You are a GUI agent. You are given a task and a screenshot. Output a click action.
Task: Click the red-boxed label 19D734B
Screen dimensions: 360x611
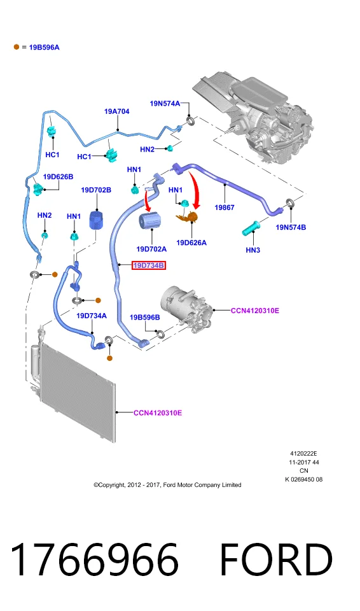(148, 266)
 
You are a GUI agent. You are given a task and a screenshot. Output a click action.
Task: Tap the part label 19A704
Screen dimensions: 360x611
(116, 111)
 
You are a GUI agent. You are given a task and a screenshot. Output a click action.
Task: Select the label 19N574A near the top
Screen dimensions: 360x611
(165, 104)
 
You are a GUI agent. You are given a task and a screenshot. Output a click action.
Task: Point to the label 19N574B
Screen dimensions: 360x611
(291, 227)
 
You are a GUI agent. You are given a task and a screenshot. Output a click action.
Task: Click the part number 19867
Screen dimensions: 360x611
(225, 207)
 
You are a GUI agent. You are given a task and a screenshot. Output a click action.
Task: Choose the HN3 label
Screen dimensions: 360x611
(253, 250)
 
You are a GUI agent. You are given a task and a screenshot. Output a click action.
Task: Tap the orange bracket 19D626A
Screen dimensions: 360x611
(188, 217)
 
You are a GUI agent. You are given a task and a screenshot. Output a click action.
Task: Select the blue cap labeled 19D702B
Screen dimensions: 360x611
(96, 221)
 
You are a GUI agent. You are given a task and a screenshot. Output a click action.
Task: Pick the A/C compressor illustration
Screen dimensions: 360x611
(188, 310)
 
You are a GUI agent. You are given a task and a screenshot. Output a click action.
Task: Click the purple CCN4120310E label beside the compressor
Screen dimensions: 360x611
(255, 311)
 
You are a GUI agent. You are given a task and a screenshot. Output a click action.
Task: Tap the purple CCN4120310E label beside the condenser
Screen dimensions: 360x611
(158, 413)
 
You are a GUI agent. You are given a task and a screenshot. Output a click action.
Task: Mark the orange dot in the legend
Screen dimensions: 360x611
(17, 46)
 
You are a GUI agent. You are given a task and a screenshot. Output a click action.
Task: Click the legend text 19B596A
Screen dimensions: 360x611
(45, 48)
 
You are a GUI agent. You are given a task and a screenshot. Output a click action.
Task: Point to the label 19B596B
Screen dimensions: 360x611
(144, 318)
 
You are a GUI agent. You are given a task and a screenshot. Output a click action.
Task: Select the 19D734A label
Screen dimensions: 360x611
(91, 316)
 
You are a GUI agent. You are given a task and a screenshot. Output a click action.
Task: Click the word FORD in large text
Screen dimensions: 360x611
(276, 560)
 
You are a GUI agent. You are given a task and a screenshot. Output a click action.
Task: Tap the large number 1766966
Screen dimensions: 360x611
(95, 560)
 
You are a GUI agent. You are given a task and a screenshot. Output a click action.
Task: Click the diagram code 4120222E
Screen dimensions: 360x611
(303, 454)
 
